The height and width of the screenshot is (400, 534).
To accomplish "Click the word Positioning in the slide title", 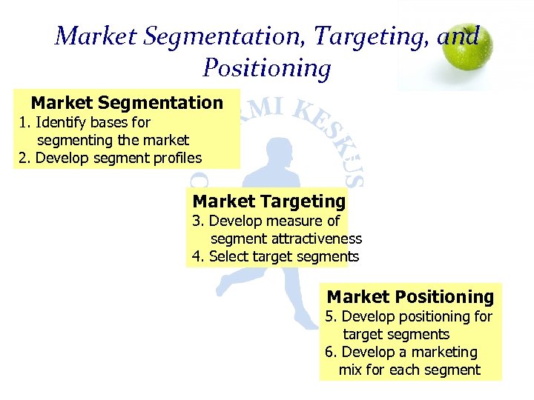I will point(266,68).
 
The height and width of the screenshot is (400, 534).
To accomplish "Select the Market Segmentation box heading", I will point(127,102).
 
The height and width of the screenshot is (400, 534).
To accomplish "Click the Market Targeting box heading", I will point(269,201).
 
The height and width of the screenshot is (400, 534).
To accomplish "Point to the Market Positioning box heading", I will point(410,297).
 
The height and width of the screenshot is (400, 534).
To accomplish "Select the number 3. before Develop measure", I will point(199,221).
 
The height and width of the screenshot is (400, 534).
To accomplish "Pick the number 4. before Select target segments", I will point(199,256).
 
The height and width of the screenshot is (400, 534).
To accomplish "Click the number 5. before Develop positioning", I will point(332,316).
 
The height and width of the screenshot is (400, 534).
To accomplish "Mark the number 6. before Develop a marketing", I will point(332,352).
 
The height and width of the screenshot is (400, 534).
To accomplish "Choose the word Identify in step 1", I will point(58,121).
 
